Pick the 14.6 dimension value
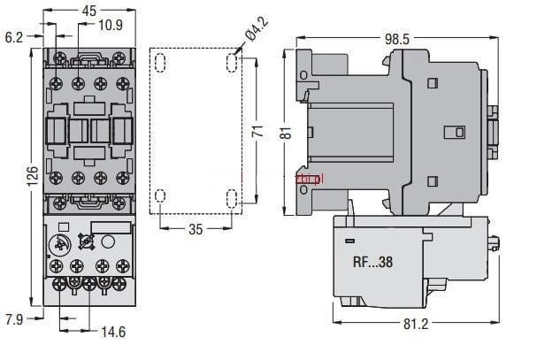(x=114, y=333)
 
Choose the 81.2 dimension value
(x=412, y=324)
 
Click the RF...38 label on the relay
(x=371, y=262)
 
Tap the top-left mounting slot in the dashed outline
(x=160, y=64)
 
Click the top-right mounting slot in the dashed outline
(x=231, y=64)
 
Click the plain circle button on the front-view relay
(x=109, y=241)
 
